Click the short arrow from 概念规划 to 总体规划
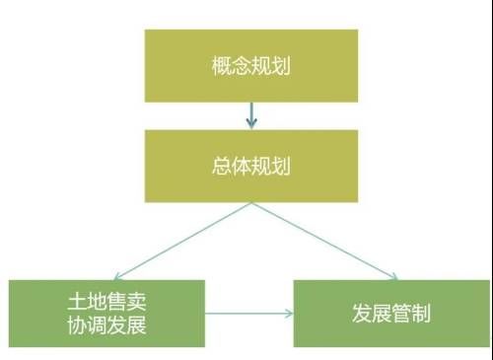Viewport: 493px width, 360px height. [251, 115]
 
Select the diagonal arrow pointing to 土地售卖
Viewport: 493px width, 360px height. [182, 241]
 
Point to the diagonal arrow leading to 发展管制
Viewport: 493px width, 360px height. [325, 241]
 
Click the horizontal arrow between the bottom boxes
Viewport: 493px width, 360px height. [248, 315]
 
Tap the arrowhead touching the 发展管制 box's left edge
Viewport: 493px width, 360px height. [289, 315]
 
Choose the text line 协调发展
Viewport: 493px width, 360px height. [106, 325]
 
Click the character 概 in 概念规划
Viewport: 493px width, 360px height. [221, 68]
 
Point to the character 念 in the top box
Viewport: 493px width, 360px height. [241, 68]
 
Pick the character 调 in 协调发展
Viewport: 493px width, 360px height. [96, 325]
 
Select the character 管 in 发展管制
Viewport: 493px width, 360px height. [401, 315]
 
